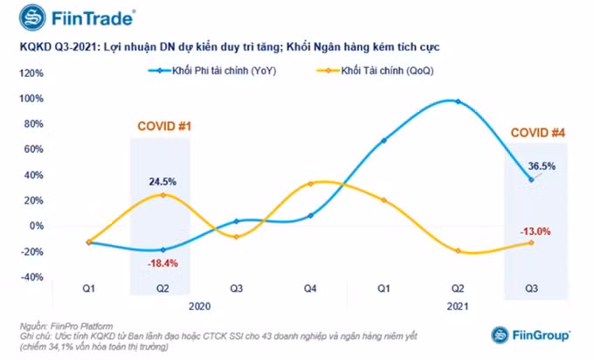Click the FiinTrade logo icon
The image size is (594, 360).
click(32, 17)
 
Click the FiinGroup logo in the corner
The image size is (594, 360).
click(530, 336)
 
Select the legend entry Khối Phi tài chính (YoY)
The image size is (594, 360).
click(212, 71)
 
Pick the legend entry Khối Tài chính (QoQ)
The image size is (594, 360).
click(376, 71)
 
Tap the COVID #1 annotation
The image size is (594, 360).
click(164, 126)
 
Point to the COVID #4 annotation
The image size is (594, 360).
click(538, 133)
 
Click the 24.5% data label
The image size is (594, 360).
click(162, 182)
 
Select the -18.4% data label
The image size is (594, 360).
click(162, 263)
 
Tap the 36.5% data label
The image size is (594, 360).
click(542, 166)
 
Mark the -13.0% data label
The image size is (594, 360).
click(535, 232)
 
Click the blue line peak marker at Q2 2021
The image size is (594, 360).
click(458, 101)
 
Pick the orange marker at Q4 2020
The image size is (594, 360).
click(310, 184)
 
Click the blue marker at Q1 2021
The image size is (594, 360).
click(383, 141)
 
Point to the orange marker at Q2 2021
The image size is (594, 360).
click(458, 251)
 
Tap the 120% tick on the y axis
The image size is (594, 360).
click(31, 73)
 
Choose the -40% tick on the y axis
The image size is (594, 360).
click(31, 277)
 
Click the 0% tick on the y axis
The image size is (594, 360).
click(37, 225)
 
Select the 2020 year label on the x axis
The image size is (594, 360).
click(200, 306)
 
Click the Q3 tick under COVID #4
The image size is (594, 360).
click(531, 288)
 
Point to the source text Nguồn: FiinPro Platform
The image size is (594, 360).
click(66, 326)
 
